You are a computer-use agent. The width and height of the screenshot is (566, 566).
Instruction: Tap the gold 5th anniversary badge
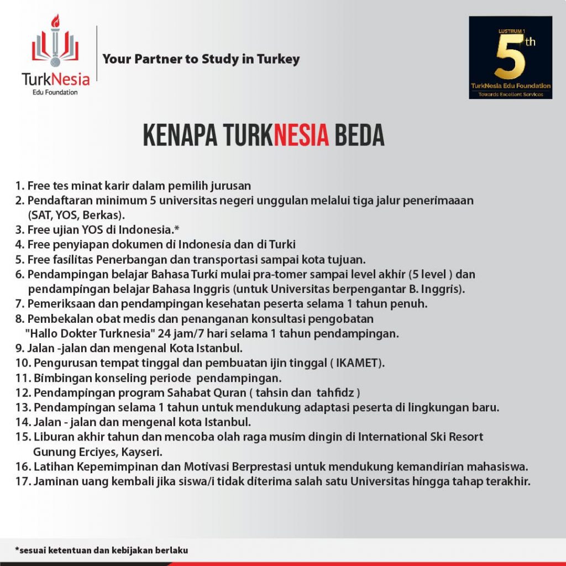pos(510,57)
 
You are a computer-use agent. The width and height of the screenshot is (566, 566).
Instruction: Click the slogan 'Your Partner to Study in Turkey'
pos(201,59)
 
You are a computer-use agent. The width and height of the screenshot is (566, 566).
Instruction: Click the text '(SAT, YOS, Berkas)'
pos(74,215)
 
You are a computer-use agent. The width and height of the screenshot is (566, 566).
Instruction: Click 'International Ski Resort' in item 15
pos(421,437)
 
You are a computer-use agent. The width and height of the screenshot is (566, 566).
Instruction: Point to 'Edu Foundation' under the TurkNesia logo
pos(55,92)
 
